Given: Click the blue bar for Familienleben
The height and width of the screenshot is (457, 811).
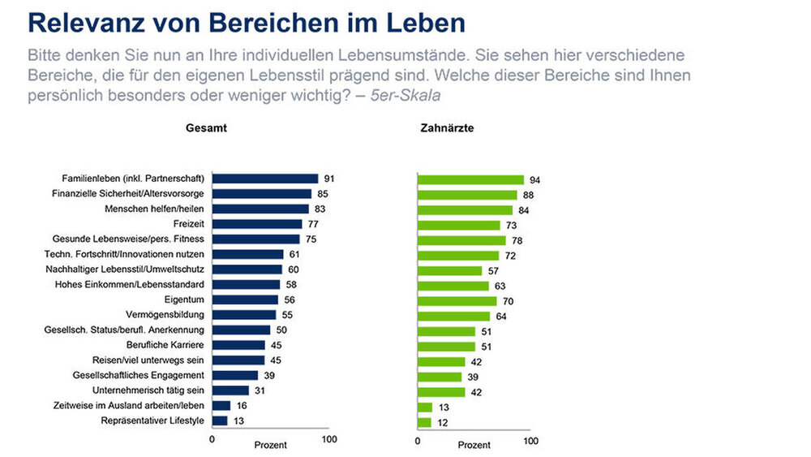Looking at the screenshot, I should [x=264, y=179].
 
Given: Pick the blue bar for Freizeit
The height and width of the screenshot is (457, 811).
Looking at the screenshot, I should [x=257, y=224].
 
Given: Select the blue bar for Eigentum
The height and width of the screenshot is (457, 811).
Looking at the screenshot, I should [x=244, y=300].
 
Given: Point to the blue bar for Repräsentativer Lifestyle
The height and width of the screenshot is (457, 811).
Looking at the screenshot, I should [x=220, y=420].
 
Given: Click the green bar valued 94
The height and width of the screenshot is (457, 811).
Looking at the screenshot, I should [x=470, y=179].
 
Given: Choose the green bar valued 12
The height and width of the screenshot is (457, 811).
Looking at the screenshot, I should [x=424, y=422].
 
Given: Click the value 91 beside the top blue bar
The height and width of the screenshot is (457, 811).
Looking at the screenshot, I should [x=328, y=179].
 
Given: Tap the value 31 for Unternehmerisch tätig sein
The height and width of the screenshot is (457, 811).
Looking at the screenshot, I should [x=260, y=390].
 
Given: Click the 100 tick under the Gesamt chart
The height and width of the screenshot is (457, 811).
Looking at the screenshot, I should [x=328, y=440].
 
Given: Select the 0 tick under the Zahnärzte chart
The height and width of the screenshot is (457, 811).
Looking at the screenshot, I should [x=418, y=442].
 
